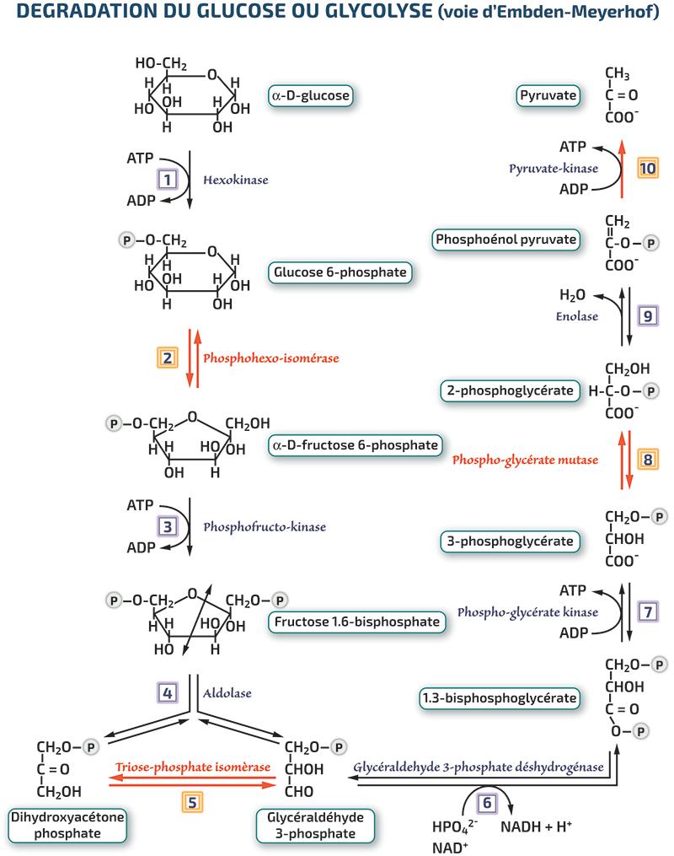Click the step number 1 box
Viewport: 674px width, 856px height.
pos(168,179)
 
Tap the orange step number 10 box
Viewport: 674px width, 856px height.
pos(648,168)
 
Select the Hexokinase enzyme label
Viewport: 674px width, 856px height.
pos(236,180)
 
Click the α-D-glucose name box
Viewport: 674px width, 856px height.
pos(311,95)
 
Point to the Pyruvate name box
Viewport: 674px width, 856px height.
pos(548,95)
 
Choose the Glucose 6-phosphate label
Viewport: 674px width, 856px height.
pos(340,272)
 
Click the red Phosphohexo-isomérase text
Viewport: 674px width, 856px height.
pos(271,358)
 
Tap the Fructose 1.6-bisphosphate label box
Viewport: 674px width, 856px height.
pos(356,622)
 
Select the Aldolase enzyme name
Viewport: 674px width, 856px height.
pos(227,693)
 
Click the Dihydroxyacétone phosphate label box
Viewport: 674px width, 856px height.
pos(67,826)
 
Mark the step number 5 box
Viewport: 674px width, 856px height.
pos(192,803)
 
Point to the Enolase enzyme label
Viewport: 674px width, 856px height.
pos(577,316)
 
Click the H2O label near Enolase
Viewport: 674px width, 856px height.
pos(572,295)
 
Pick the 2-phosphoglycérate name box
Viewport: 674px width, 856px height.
pos(510,390)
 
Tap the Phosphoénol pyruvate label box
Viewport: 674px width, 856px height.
pos(505,240)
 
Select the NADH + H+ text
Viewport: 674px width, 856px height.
pos(536,826)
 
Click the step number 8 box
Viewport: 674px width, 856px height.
pos(648,459)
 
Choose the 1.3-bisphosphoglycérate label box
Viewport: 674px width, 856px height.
pos(499,698)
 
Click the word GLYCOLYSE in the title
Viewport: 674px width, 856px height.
pos(378,11)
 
